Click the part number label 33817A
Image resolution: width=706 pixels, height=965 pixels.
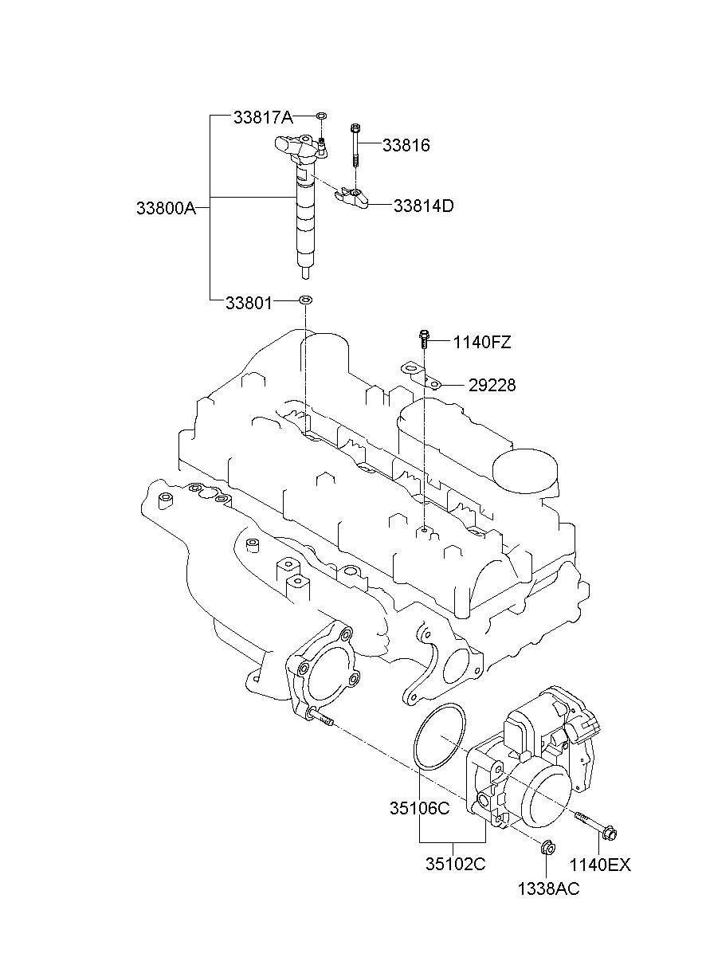(263, 118)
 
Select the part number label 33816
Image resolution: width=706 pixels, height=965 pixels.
(406, 145)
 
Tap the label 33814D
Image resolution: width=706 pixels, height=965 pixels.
(423, 206)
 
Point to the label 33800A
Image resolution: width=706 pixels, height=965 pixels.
(165, 208)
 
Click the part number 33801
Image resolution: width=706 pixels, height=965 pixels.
(249, 303)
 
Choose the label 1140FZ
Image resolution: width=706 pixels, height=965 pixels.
(482, 343)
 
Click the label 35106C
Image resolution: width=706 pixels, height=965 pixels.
(420, 808)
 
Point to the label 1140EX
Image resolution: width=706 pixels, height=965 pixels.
(599, 865)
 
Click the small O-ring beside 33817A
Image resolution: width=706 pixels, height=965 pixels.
(320, 117)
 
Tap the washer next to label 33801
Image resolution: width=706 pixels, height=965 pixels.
(305, 301)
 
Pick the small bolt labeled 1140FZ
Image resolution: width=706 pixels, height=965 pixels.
(424, 340)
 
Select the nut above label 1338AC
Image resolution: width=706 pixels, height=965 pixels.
(547, 848)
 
